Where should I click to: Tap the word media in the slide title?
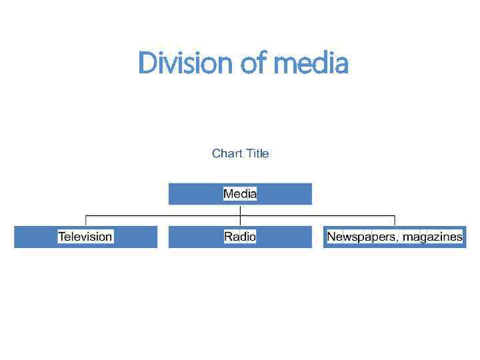(x=311, y=64)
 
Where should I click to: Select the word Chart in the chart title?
(x=227, y=153)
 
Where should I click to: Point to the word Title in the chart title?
(x=257, y=153)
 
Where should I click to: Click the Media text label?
(x=240, y=194)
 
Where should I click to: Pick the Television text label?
(x=85, y=237)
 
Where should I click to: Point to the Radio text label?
(x=240, y=237)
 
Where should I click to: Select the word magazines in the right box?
(x=433, y=237)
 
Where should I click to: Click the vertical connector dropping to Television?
(x=85, y=221)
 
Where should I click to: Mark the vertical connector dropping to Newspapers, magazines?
(x=395, y=221)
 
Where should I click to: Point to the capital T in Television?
(x=61, y=237)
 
